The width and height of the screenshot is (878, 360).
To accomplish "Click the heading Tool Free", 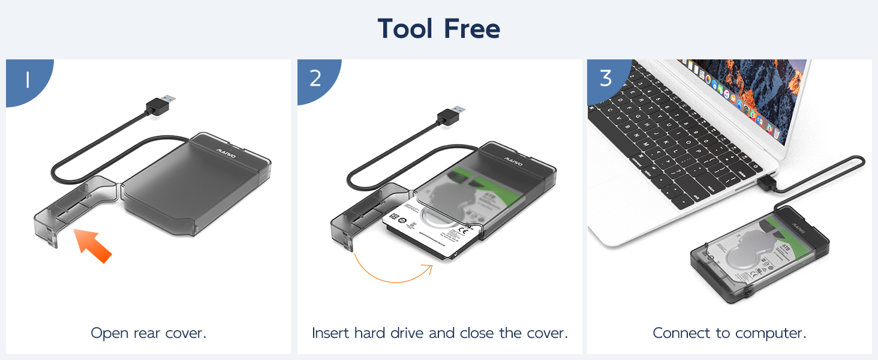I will pos(438,29).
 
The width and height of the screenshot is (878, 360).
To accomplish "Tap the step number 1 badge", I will pos(27,80).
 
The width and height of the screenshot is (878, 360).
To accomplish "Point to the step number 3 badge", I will pos(606,79).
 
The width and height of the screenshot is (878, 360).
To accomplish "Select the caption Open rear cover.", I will pos(148,333).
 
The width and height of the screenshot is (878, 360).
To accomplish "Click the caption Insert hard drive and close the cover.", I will pos(440,333).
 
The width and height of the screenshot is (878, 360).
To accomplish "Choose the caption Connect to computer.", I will pos(729,333).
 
